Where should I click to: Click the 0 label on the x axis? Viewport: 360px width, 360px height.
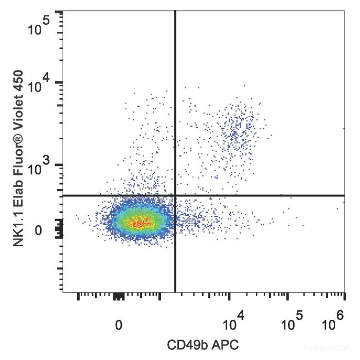coord(119,326)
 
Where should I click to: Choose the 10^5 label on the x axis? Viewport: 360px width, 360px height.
coord(291,325)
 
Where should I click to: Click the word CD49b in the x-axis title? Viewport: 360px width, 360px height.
coord(185,344)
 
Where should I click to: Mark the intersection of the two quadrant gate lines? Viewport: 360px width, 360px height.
coord(175,195)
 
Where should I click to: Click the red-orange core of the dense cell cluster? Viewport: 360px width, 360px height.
coord(139,223)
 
